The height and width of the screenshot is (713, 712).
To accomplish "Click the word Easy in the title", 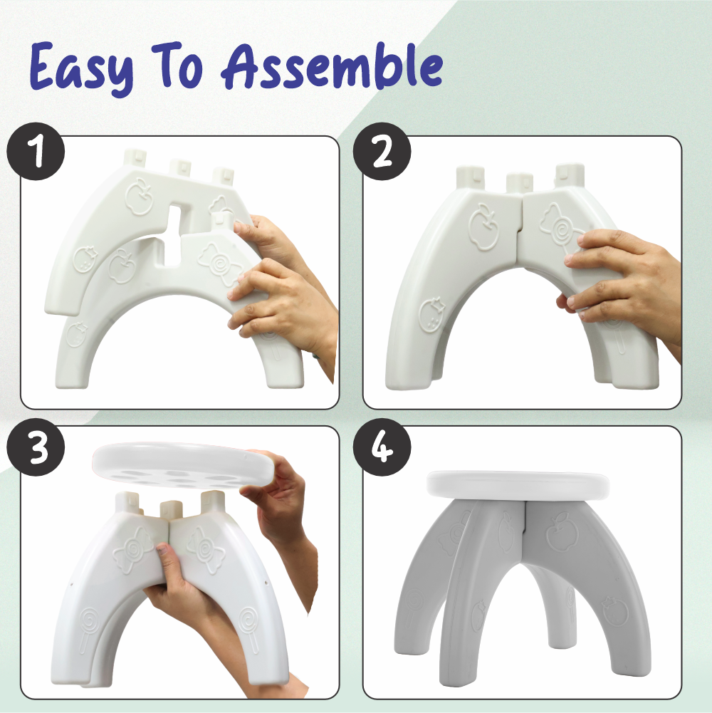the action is click(x=83, y=67).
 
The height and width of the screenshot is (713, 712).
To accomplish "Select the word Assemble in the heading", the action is click(x=332, y=66).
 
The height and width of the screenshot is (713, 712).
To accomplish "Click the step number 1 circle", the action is click(x=36, y=152).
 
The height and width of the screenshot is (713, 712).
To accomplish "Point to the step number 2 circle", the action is click(x=382, y=152).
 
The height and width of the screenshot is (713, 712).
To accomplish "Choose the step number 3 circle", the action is click(x=36, y=447).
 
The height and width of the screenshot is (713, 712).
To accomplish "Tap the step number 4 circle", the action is click(x=382, y=447).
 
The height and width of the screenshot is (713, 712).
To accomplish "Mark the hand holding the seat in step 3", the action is click(x=278, y=500).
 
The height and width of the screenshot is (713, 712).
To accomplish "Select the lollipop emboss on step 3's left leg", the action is click(x=89, y=628).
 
